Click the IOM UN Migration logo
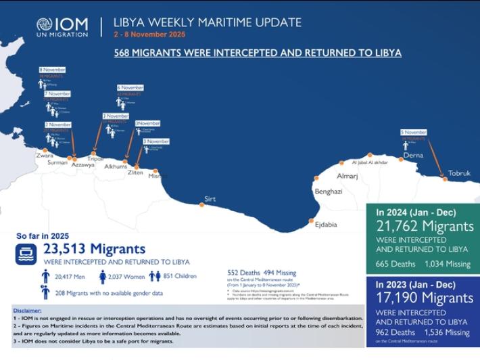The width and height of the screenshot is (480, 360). tap(62, 26)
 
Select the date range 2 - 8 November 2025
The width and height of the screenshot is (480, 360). tap(149, 35)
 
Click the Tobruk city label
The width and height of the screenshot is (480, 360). tap(459, 173)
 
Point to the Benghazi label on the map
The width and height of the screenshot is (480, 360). tap(329, 192)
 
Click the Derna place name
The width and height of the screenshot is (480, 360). tap(412, 156)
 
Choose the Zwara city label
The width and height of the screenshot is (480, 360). tap(45, 155)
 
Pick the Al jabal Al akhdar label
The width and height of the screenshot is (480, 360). tap(370, 162)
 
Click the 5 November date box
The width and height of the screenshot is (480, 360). tap(413, 132)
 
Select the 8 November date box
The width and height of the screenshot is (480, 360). tap(53, 70)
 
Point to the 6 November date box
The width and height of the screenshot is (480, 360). tap(130, 87)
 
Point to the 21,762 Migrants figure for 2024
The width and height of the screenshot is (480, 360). tap(425, 226)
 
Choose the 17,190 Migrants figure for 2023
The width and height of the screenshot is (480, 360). tap(425, 298)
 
